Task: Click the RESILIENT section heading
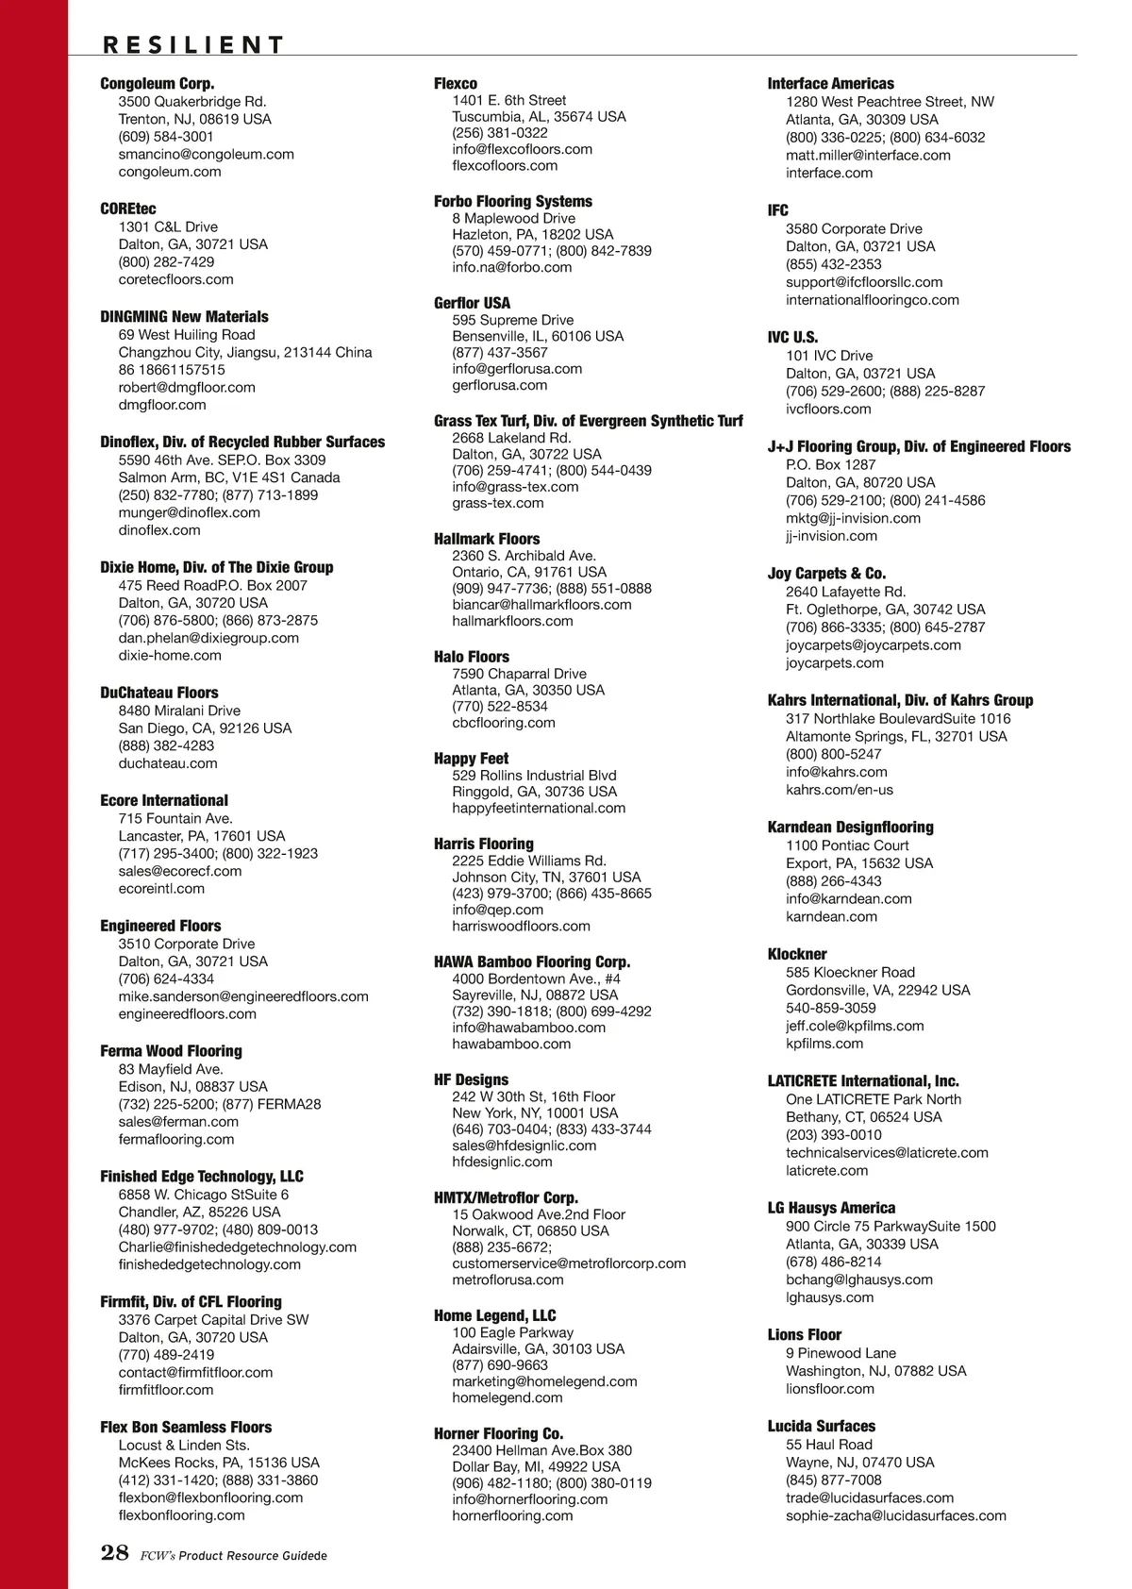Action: pos(192,44)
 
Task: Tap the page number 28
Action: pos(114,1553)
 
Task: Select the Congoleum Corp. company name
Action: pos(158,84)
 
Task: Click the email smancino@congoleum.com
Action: pos(206,154)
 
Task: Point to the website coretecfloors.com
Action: pos(175,279)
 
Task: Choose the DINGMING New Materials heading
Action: pos(184,317)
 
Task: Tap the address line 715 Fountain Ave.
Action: pos(175,818)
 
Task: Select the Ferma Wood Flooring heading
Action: pos(171,1051)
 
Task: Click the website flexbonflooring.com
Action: pos(181,1514)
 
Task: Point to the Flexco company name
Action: pos(456,84)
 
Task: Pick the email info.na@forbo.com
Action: pos(511,267)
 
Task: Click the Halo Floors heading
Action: pos(472,657)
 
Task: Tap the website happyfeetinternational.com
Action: pos(539,808)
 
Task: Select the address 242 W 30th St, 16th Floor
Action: pos(533,1096)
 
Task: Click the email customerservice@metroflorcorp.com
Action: pos(569,1263)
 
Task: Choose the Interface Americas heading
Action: pos(830,84)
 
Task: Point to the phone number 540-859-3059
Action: pos(830,1008)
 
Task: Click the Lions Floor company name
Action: pos(804,1334)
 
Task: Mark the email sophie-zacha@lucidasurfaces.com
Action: pos(895,1515)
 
